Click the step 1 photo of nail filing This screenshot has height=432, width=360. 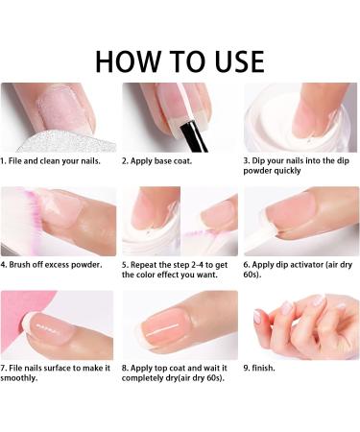coord(58,116)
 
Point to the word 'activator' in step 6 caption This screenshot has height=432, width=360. coord(309,262)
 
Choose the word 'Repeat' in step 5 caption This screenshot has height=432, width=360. coord(148,262)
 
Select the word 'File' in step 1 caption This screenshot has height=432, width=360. coord(19,161)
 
